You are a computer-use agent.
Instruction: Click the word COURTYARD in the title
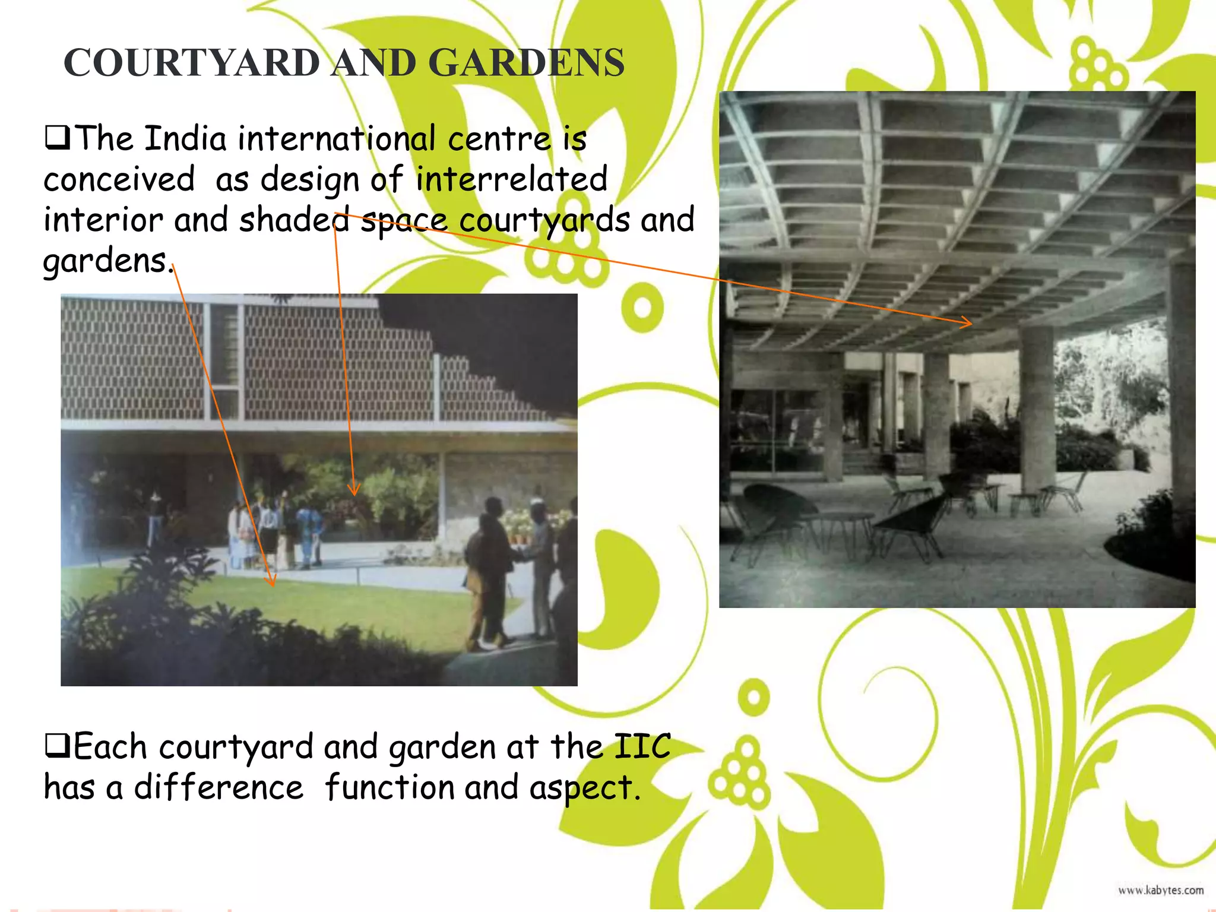point(191,63)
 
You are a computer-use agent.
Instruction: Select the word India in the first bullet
point(185,139)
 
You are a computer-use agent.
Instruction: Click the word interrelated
point(511,179)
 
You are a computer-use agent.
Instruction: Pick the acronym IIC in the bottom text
point(641,747)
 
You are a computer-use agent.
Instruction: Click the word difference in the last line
point(218,788)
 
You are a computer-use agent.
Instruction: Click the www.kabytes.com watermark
point(1160,890)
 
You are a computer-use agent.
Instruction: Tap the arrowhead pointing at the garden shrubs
point(354,490)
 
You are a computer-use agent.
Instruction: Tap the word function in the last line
point(389,788)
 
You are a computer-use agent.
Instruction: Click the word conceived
point(119,179)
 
